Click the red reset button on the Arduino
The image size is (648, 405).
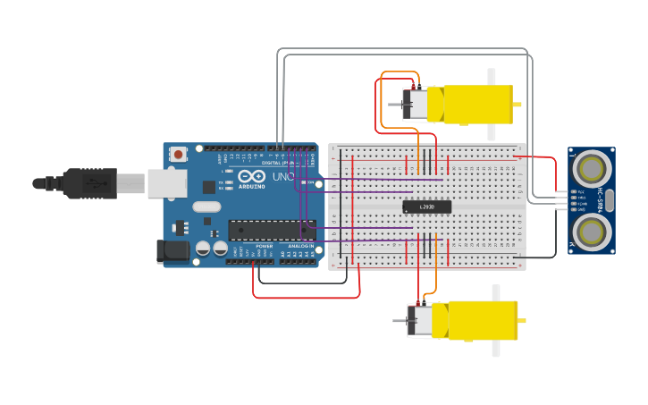[178, 154]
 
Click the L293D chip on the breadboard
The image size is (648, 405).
[427, 207]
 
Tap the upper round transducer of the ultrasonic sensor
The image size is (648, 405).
[591, 166]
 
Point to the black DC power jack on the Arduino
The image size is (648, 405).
[172, 252]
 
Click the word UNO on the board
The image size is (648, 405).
[282, 177]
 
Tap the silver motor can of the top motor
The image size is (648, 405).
[416, 105]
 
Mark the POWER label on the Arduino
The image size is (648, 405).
[265, 245]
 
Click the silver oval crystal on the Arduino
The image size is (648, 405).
[206, 207]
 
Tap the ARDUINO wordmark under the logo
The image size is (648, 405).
[251, 186]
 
